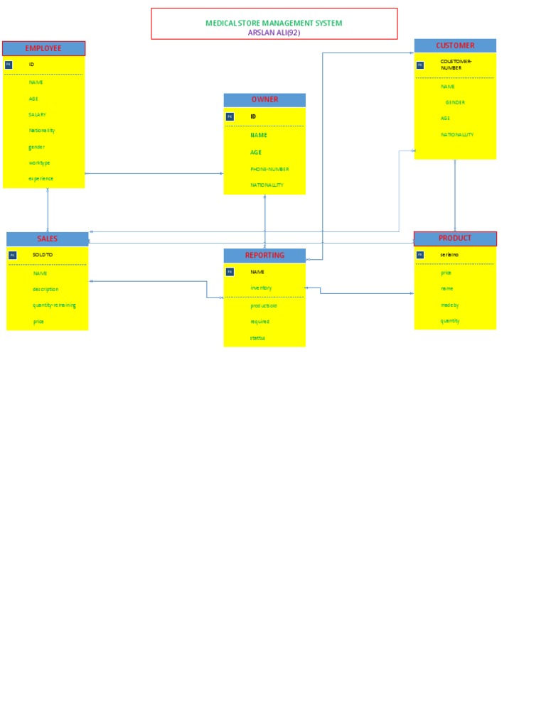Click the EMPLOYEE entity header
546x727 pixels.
pos(43,48)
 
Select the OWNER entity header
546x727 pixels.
pos(264,100)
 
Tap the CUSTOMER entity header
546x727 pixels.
pos(455,45)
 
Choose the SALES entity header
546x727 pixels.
pos(47,239)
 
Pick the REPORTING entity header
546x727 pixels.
pos(264,256)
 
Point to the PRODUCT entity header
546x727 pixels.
pos(455,239)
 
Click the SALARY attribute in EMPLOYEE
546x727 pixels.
pos(38,114)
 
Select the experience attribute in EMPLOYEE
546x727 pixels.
pos(41,179)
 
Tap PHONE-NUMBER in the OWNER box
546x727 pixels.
pos(269,169)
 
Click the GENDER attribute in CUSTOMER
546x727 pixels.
pos(455,102)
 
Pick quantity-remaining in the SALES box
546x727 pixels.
pos(54,305)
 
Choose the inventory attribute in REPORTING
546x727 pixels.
pos(261,288)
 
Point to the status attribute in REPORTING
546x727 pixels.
pos(257,338)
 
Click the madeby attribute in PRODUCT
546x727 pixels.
pos(449,305)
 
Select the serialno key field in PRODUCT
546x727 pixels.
pos(449,254)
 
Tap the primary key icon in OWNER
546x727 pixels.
pos(230,116)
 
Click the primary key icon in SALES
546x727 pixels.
pos(12,255)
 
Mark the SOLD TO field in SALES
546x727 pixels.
pos(43,254)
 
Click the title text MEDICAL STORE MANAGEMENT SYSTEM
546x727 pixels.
pos(274,23)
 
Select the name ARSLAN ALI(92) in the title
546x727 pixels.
pos(274,32)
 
